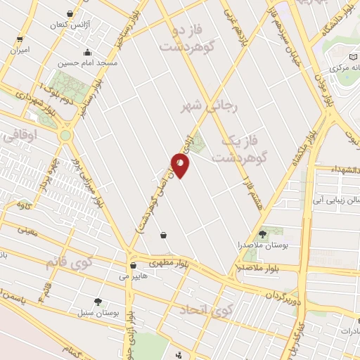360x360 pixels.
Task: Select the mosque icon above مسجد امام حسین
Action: click(x=88, y=51)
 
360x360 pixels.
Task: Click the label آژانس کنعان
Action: click(x=68, y=25)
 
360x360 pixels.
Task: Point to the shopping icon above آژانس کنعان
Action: click(x=69, y=14)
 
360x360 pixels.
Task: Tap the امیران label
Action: click(x=20, y=51)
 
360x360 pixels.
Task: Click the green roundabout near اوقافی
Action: click(x=65, y=134)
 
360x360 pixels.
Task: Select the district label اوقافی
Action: click(x=15, y=139)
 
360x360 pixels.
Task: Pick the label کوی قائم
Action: click(x=69, y=263)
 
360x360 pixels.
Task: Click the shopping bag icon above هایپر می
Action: click(x=134, y=266)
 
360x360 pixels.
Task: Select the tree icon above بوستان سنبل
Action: click(x=98, y=301)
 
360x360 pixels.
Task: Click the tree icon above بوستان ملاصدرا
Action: click(x=262, y=233)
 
